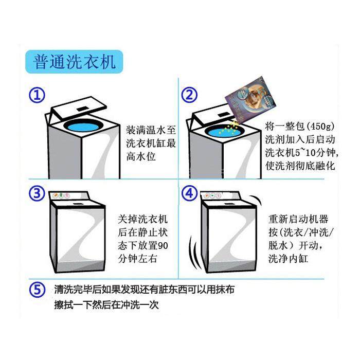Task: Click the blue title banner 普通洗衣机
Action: pos(74,62)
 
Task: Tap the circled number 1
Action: pos(37,96)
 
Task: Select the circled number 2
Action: pos(189,95)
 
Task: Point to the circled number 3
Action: pos(37,193)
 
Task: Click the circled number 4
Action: pos(189,193)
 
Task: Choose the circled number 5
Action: pos(37,290)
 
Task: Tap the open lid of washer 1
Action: pos(79,108)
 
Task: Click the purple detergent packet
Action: pos(250,99)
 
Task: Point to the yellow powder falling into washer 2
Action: pos(230,128)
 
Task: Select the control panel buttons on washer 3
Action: pos(61,195)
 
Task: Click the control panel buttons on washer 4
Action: pos(212,195)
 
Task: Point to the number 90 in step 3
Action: pos(163,246)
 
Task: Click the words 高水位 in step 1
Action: pos(141,157)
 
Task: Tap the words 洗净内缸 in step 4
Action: pos(288,259)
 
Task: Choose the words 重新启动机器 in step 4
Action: pos(298,219)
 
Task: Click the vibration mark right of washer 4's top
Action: pos(257,201)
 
